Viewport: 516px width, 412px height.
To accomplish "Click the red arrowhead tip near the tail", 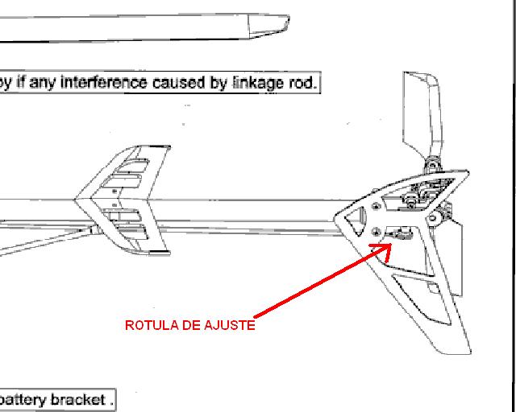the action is (x=391, y=244).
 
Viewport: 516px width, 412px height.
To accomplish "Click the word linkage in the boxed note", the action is (x=260, y=83).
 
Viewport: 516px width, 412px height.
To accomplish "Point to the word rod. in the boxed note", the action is (x=303, y=83).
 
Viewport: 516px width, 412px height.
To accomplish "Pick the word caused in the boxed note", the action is (x=179, y=82).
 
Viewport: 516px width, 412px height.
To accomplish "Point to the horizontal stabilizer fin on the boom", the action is (x=123, y=200).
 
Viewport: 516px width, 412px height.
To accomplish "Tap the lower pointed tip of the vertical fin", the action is (x=471, y=352).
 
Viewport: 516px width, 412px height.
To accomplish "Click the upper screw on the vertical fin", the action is (x=377, y=207).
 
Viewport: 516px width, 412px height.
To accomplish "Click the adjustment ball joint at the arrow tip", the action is (x=400, y=234).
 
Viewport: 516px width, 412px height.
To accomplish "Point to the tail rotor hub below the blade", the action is (x=432, y=165).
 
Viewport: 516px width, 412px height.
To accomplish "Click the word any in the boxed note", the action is (x=42, y=83).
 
